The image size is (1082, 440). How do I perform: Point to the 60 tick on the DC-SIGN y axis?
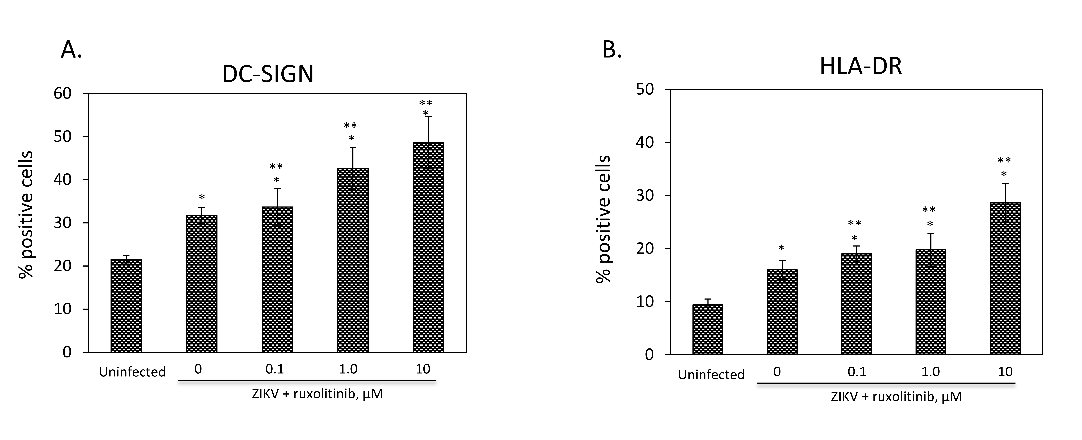point(63,93)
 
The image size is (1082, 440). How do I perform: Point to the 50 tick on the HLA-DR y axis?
point(645,89)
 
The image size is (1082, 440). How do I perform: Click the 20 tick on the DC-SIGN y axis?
point(63,266)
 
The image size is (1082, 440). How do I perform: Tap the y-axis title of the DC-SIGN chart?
point(26,214)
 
